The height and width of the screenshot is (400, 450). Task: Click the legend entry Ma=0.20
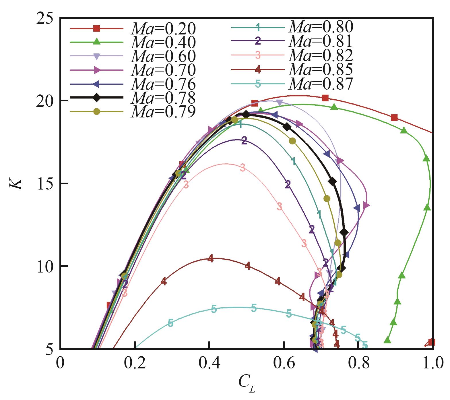(163, 28)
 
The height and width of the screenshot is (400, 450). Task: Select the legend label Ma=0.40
(163, 42)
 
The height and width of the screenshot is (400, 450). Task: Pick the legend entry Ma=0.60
(163, 56)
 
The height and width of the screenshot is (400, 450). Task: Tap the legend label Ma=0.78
(163, 98)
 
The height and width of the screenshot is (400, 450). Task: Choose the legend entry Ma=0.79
(163, 112)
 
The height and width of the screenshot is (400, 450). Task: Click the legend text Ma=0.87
(321, 84)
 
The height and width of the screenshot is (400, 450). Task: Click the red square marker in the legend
(97, 28)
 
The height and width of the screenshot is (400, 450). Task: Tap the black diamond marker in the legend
(97, 98)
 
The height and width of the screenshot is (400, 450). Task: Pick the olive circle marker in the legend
(97, 112)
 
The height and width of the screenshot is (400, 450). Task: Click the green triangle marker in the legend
(97, 42)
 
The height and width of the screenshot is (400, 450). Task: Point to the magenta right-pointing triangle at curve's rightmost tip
(366, 205)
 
